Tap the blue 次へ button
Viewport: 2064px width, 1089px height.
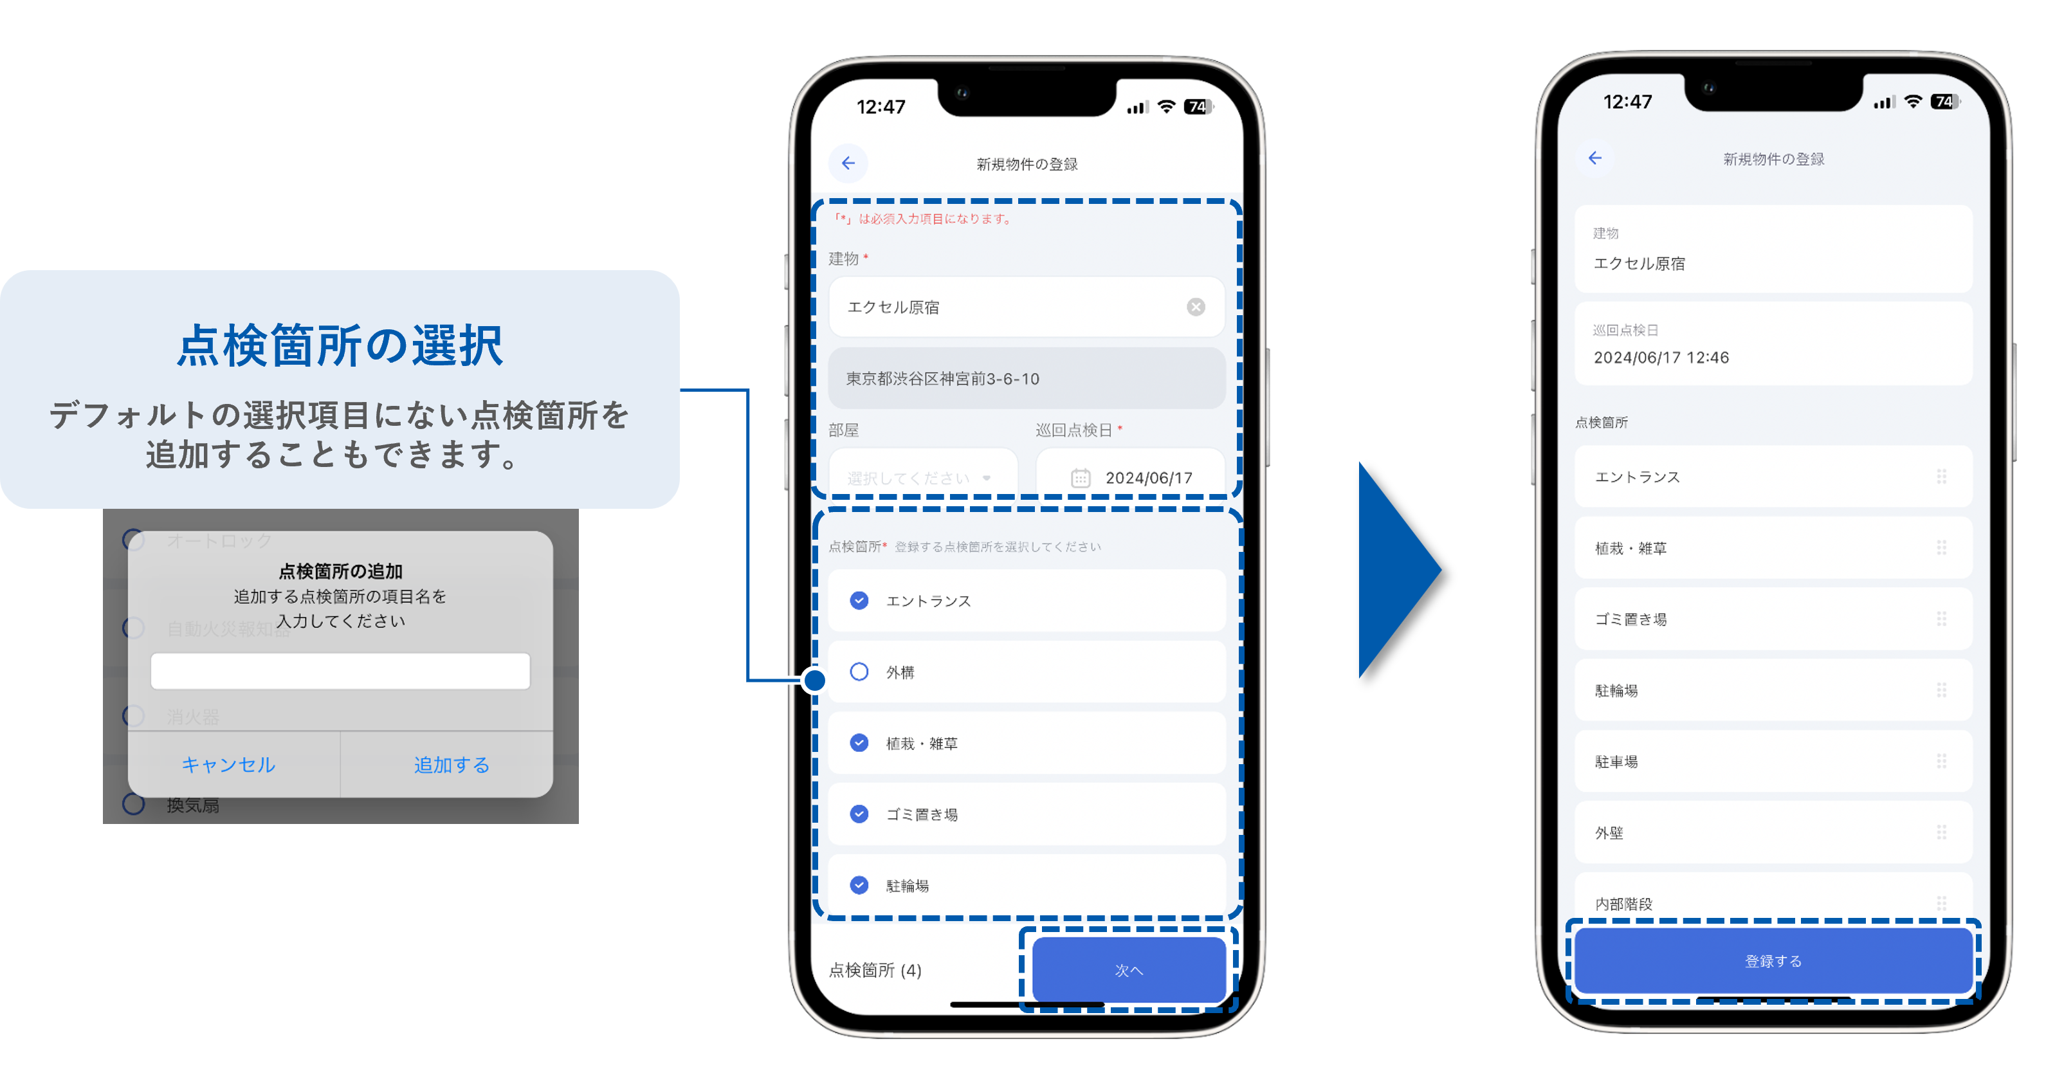click(1128, 969)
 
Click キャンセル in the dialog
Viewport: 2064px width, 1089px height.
click(228, 764)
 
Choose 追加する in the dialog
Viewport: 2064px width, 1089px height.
click(451, 764)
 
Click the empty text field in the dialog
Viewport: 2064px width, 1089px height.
click(340, 671)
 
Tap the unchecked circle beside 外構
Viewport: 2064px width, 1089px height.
click(859, 672)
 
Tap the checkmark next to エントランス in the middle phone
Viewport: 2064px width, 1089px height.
click(859, 600)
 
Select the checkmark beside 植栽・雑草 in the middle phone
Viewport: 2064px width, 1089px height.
click(859, 743)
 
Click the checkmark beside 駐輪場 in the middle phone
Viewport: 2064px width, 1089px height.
click(859, 884)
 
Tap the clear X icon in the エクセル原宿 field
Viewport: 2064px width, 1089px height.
click(1196, 307)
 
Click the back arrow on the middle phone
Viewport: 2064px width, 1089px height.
click(848, 163)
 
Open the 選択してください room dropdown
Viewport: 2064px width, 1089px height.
click(922, 477)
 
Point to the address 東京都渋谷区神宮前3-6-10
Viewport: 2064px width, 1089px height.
click(942, 378)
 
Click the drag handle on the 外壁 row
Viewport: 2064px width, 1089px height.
click(1941, 832)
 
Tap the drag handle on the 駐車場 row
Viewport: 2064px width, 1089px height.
click(1941, 761)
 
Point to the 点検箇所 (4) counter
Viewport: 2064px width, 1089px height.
click(875, 969)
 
